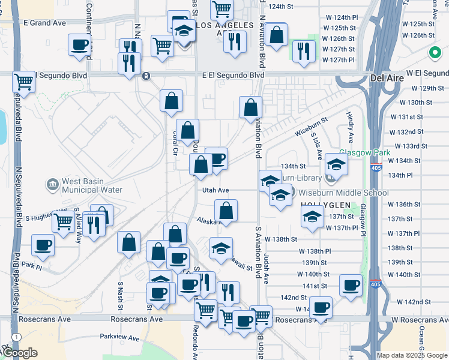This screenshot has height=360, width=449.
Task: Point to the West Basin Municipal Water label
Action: tap(91, 186)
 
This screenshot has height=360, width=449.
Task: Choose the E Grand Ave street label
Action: tap(44, 23)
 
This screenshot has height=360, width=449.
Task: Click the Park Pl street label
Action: tap(31, 264)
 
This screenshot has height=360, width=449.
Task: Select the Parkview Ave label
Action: tap(119, 337)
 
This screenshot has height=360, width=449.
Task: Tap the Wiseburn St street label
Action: tap(311, 127)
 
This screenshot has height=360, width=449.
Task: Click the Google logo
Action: tap(19, 353)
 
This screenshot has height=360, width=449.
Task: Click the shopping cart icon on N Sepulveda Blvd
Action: tap(23, 81)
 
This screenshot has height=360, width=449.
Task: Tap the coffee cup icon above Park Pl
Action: tap(43, 245)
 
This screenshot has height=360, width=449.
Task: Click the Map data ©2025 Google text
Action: tap(412, 355)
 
